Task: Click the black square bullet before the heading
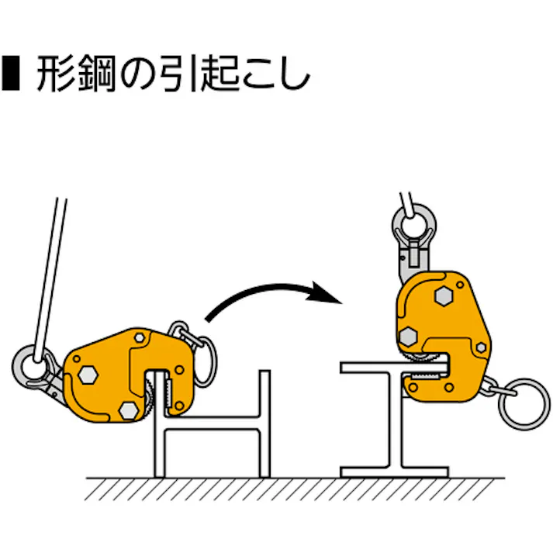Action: [x=11, y=73]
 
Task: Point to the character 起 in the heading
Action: [x=219, y=74]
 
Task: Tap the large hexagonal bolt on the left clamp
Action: [x=88, y=375]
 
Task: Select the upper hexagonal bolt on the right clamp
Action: [x=444, y=296]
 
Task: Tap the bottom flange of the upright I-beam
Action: [x=394, y=472]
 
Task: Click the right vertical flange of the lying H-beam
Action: [x=264, y=423]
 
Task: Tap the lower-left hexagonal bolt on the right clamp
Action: [x=409, y=335]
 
